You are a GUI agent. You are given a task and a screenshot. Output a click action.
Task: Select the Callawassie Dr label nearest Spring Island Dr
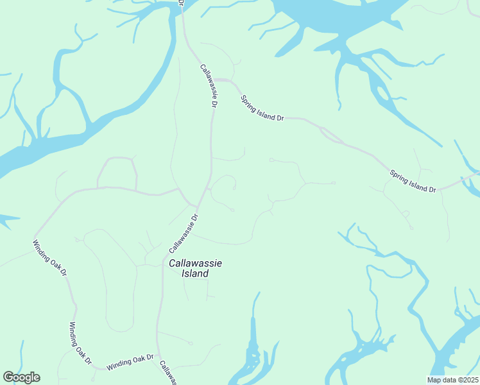pos(209,85)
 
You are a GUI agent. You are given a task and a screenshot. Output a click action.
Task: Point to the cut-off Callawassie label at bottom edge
pos(167,374)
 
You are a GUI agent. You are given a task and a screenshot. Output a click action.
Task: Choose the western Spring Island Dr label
pos(262,108)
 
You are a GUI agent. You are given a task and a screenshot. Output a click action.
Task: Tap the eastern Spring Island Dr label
pos(413,181)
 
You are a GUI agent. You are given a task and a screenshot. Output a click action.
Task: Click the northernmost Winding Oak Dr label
pos(50,259)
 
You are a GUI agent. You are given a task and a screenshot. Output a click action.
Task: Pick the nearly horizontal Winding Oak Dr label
pos(130,362)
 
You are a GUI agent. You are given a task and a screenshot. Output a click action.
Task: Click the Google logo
pos(21,377)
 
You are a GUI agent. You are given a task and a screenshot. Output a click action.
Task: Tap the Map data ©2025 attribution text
pos(453,380)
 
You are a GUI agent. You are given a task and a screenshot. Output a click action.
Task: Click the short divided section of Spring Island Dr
pos(331,135)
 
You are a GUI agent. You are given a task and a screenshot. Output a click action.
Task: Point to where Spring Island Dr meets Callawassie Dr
pos(218,80)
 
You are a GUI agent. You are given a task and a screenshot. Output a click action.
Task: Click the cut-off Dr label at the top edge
pos(181,3)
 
